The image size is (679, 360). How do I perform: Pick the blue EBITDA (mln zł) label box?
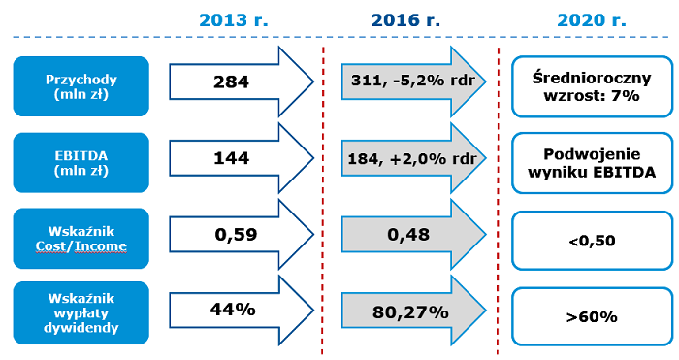click(81, 159)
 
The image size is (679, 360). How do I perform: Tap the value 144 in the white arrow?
click(232, 157)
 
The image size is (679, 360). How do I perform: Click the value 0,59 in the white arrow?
click(232, 234)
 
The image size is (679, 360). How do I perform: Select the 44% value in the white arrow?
click(232, 310)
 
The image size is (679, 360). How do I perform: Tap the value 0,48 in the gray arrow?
click(407, 235)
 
